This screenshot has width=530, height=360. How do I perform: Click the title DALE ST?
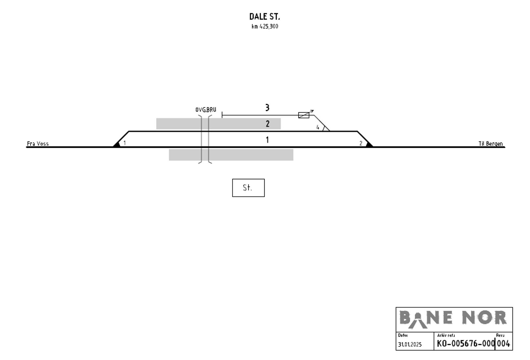pos(265,17)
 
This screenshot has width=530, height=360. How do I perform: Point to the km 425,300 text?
pos(265,26)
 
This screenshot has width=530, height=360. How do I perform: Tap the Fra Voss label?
pos(38,144)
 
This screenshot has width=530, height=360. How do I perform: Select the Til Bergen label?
pos(491,144)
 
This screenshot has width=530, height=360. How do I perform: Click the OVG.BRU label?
pos(206,110)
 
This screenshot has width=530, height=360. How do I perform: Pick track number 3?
pos(267,108)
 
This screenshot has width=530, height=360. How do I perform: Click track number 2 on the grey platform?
pos(268,124)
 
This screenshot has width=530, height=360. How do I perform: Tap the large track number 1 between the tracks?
pos(267,140)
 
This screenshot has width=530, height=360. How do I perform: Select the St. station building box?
pos(248,188)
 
